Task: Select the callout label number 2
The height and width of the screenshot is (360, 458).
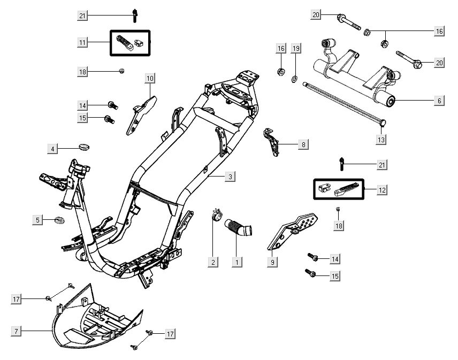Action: (213, 262)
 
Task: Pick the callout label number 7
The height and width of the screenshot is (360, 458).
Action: (16, 332)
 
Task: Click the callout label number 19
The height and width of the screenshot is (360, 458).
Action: (296, 49)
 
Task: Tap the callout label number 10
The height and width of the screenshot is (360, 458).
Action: (150, 79)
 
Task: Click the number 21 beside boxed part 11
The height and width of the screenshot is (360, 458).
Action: (82, 16)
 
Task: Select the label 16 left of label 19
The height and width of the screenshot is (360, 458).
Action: (281, 49)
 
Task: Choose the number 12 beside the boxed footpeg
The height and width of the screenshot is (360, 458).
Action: (382, 190)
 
